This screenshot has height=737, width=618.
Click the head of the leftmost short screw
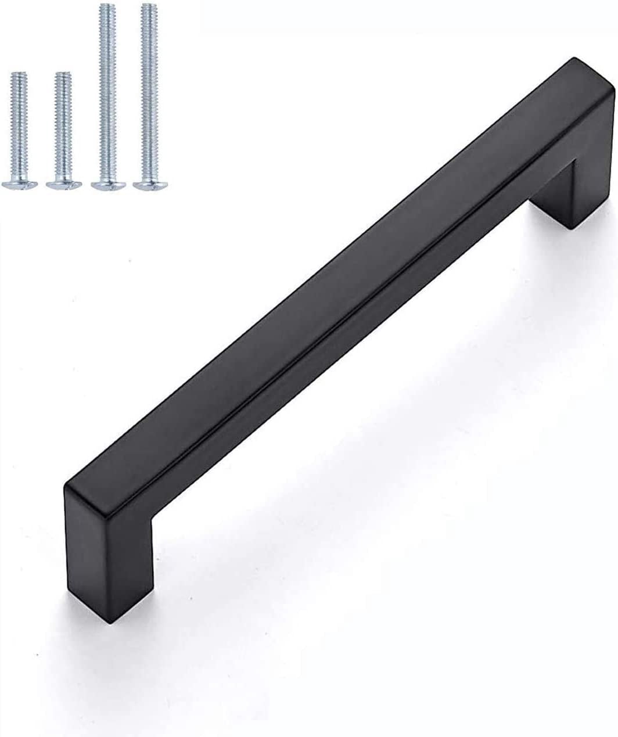click(19, 184)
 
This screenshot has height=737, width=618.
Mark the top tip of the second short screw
click(63, 74)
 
